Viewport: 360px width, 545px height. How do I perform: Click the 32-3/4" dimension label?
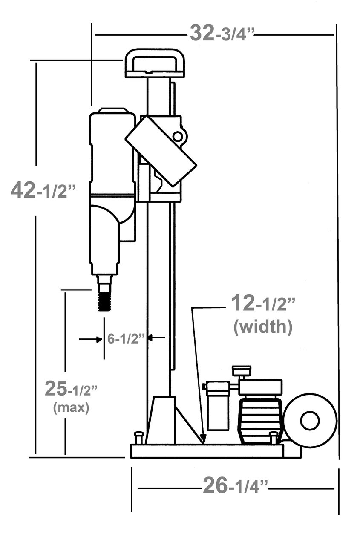pos(222,33)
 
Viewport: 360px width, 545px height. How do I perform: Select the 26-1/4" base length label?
pos(236,485)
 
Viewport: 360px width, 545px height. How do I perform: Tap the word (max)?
pos(71,407)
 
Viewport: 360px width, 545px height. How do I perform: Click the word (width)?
pos(263,327)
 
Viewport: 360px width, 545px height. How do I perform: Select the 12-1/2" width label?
pos(263,304)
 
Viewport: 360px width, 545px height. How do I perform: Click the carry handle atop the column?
pos(154,62)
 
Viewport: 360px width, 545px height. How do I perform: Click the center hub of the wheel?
pos(310,421)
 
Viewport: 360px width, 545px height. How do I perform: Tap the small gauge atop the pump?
pos(241,370)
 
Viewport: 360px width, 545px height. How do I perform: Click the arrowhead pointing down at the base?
pos(204,438)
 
